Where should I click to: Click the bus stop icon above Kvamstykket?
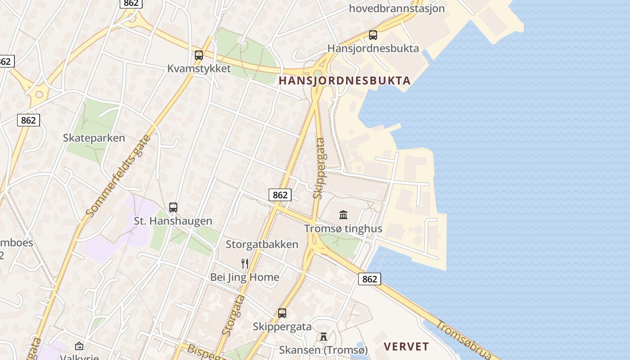pos(198,55)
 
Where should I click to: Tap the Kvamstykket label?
pos(199,69)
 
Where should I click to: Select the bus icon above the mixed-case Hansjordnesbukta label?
pos(373,35)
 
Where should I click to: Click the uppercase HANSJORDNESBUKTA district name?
pos(345,81)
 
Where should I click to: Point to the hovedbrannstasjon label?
pos(397,8)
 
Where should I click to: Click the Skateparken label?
pos(94,138)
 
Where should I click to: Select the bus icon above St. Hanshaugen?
pos(173,207)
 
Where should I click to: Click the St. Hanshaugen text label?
pos(173,221)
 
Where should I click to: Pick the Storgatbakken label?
pos(262,244)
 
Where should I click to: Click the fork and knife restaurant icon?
pos(245,264)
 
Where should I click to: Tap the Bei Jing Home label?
pos(245,277)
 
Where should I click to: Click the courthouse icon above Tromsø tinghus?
pos(343,215)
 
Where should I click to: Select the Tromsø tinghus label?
pos(343,229)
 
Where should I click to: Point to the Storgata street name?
pos(234,315)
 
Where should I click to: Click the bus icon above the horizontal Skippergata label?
pos(282,313)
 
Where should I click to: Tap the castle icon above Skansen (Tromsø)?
pos(323,337)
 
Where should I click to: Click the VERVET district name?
pos(406,346)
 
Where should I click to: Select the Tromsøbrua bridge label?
pos(463,340)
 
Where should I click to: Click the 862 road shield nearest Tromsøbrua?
pos(369,279)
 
